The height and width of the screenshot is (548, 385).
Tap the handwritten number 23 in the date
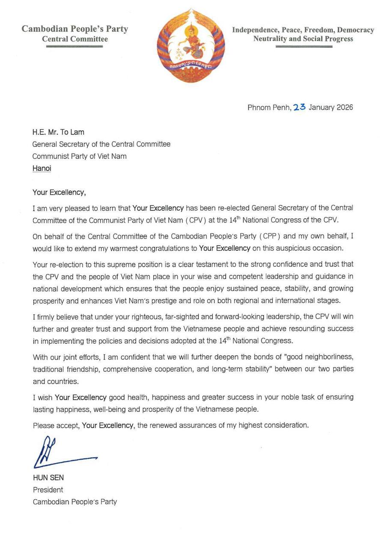[x=299, y=107]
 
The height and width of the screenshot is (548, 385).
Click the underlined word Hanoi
[x=42, y=168]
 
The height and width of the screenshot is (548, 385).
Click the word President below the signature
[x=48, y=490]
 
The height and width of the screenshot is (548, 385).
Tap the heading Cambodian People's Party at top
[x=75, y=29]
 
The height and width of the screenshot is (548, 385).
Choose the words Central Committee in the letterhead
[x=75, y=39]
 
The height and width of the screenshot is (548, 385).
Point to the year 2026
[x=345, y=107]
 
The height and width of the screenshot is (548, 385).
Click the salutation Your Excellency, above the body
[x=59, y=192]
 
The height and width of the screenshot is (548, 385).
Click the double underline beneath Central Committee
[x=75, y=46]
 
